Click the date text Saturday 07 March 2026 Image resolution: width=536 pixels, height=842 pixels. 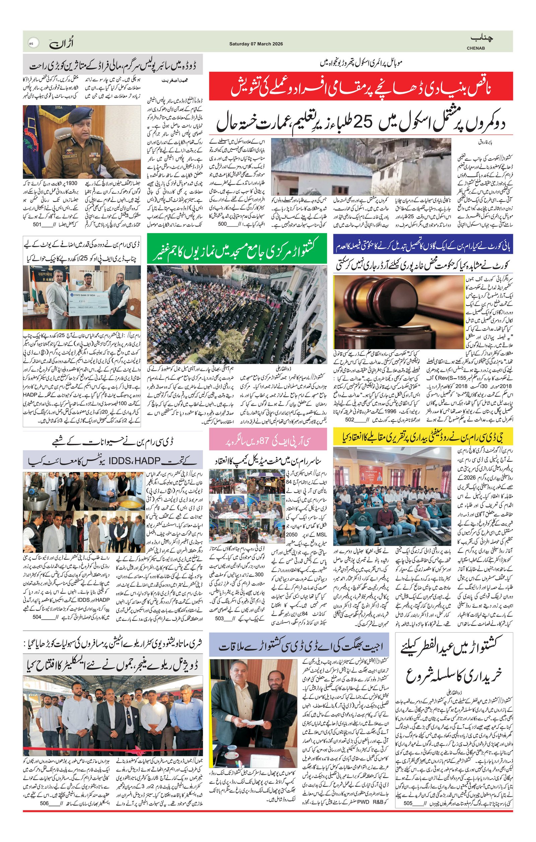coord(256,44)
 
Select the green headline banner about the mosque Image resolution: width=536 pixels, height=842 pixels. coord(237,248)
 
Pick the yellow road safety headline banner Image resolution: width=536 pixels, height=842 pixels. coord(423,436)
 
